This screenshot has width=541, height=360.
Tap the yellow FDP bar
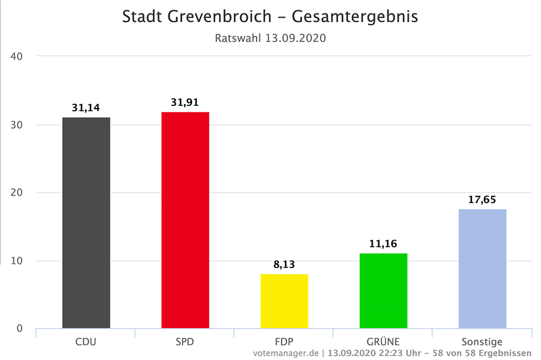(284, 301)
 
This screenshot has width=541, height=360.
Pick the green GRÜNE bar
(383, 291)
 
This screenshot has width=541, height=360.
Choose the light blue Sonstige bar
(482, 269)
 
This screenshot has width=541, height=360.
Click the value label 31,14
(87, 108)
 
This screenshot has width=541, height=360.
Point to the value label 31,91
(185, 102)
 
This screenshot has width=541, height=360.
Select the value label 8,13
(284, 265)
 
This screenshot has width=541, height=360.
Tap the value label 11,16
(383, 244)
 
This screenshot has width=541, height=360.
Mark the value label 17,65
(482, 199)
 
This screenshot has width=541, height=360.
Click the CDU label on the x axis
(86, 342)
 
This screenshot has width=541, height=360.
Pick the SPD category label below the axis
(185, 342)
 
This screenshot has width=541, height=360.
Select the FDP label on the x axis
(284, 342)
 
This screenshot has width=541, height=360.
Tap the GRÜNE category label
(383, 342)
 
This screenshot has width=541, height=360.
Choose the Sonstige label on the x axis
(482, 342)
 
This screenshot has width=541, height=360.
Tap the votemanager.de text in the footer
(286, 353)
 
